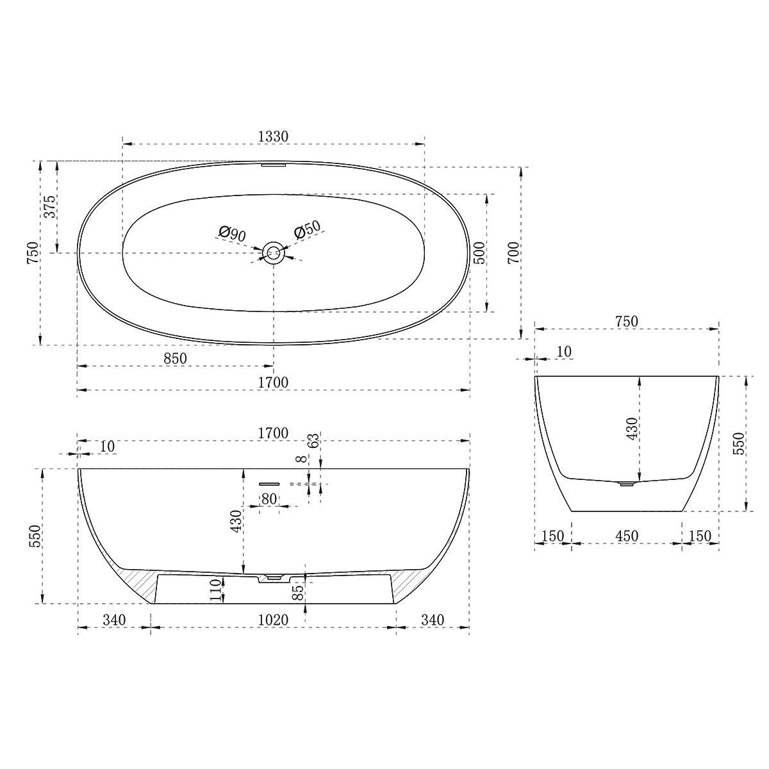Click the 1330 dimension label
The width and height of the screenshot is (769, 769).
coord(273,136)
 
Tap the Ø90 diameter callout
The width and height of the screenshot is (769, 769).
coord(231,233)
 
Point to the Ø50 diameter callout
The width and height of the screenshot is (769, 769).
coord(307,231)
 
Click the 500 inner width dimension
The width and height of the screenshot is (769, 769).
coord(479,253)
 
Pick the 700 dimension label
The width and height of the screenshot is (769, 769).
coord(513,253)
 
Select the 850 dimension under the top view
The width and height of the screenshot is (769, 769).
coord(174,359)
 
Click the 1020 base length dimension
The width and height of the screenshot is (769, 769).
coord(273,620)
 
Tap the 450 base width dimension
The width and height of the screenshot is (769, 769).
coord(626,536)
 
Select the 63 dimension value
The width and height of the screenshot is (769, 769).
coord(313,441)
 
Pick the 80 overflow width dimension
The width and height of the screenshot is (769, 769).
coord(269,498)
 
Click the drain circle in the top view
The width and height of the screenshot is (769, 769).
coord(274,252)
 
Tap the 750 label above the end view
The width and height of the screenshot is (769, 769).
coord(626,321)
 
